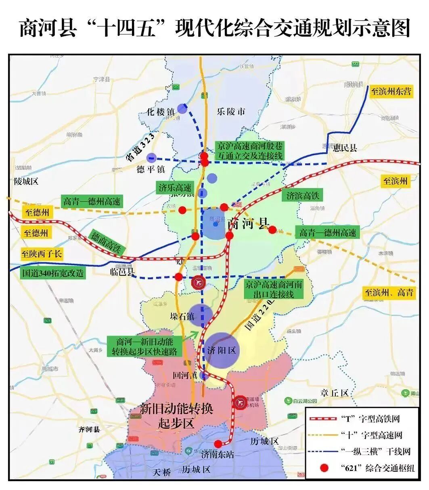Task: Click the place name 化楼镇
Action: click(x=160, y=112)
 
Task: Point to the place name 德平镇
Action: click(x=151, y=169)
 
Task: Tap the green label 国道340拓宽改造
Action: click(x=53, y=273)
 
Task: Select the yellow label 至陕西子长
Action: click(x=42, y=254)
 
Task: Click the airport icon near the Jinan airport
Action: click(x=240, y=403)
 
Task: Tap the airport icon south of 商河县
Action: click(x=198, y=282)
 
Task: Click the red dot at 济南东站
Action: click(x=218, y=443)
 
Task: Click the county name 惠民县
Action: click(x=345, y=148)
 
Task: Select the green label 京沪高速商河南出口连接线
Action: click(x=273, y=289)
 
